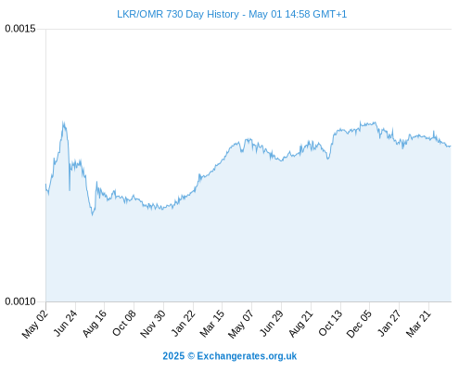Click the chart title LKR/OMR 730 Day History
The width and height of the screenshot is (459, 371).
point(178,14)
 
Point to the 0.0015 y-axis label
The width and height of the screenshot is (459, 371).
point(20,29)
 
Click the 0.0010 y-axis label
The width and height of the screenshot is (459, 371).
point(20,301)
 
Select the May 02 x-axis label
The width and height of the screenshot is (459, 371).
point(35,324)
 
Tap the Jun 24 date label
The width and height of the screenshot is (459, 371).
point(65,324)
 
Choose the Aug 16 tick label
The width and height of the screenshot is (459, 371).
point(95,324)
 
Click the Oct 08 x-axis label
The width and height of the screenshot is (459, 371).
point(124,324)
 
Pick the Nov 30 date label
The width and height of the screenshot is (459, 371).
point(153,324)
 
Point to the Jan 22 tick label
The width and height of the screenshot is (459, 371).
point(184,324)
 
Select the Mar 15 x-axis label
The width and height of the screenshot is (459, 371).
point(212,324)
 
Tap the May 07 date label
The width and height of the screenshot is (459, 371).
point(241,324)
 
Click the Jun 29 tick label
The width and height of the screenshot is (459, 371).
point(272,324)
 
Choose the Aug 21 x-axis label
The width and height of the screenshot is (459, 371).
point(300,324)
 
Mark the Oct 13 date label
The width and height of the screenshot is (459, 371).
point(330,324)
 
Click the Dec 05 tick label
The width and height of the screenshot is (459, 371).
point(359,324)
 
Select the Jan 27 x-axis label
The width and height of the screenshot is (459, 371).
point(389,324)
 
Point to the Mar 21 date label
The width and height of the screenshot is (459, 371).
point(418,324)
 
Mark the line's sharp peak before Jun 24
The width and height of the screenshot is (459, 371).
point(63,122)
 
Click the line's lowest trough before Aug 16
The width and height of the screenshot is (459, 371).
point(92,215)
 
